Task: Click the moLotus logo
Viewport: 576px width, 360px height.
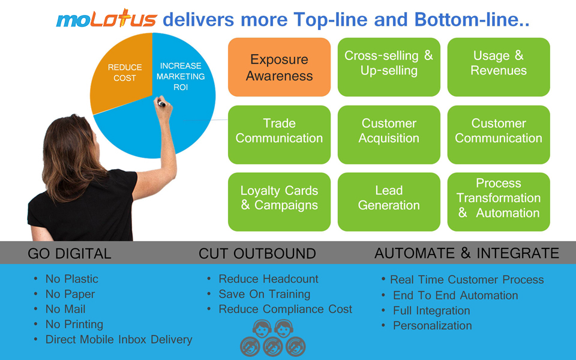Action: click(x=106, y=20)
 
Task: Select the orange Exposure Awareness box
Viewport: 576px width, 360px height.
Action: click(x=279, y=67)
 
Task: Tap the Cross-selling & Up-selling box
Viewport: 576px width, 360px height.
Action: click(x=389, y=67)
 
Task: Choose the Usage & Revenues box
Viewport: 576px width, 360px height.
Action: click(x=499, y=67)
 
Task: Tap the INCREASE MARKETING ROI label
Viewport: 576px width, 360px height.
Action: click(x=182, y=76)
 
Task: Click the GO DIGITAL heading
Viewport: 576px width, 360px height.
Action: click(x=70, y=253)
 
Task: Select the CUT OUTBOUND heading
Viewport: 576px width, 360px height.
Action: click(x=257, y=253)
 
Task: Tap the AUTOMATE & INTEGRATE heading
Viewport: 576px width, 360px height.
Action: click(x=467, y=253)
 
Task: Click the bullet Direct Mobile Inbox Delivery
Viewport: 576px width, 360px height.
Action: click(x=119, y=340)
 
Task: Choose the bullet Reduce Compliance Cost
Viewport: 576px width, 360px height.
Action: click(x=285, y=310)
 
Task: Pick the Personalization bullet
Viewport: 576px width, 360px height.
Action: click(x=432, y=326)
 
